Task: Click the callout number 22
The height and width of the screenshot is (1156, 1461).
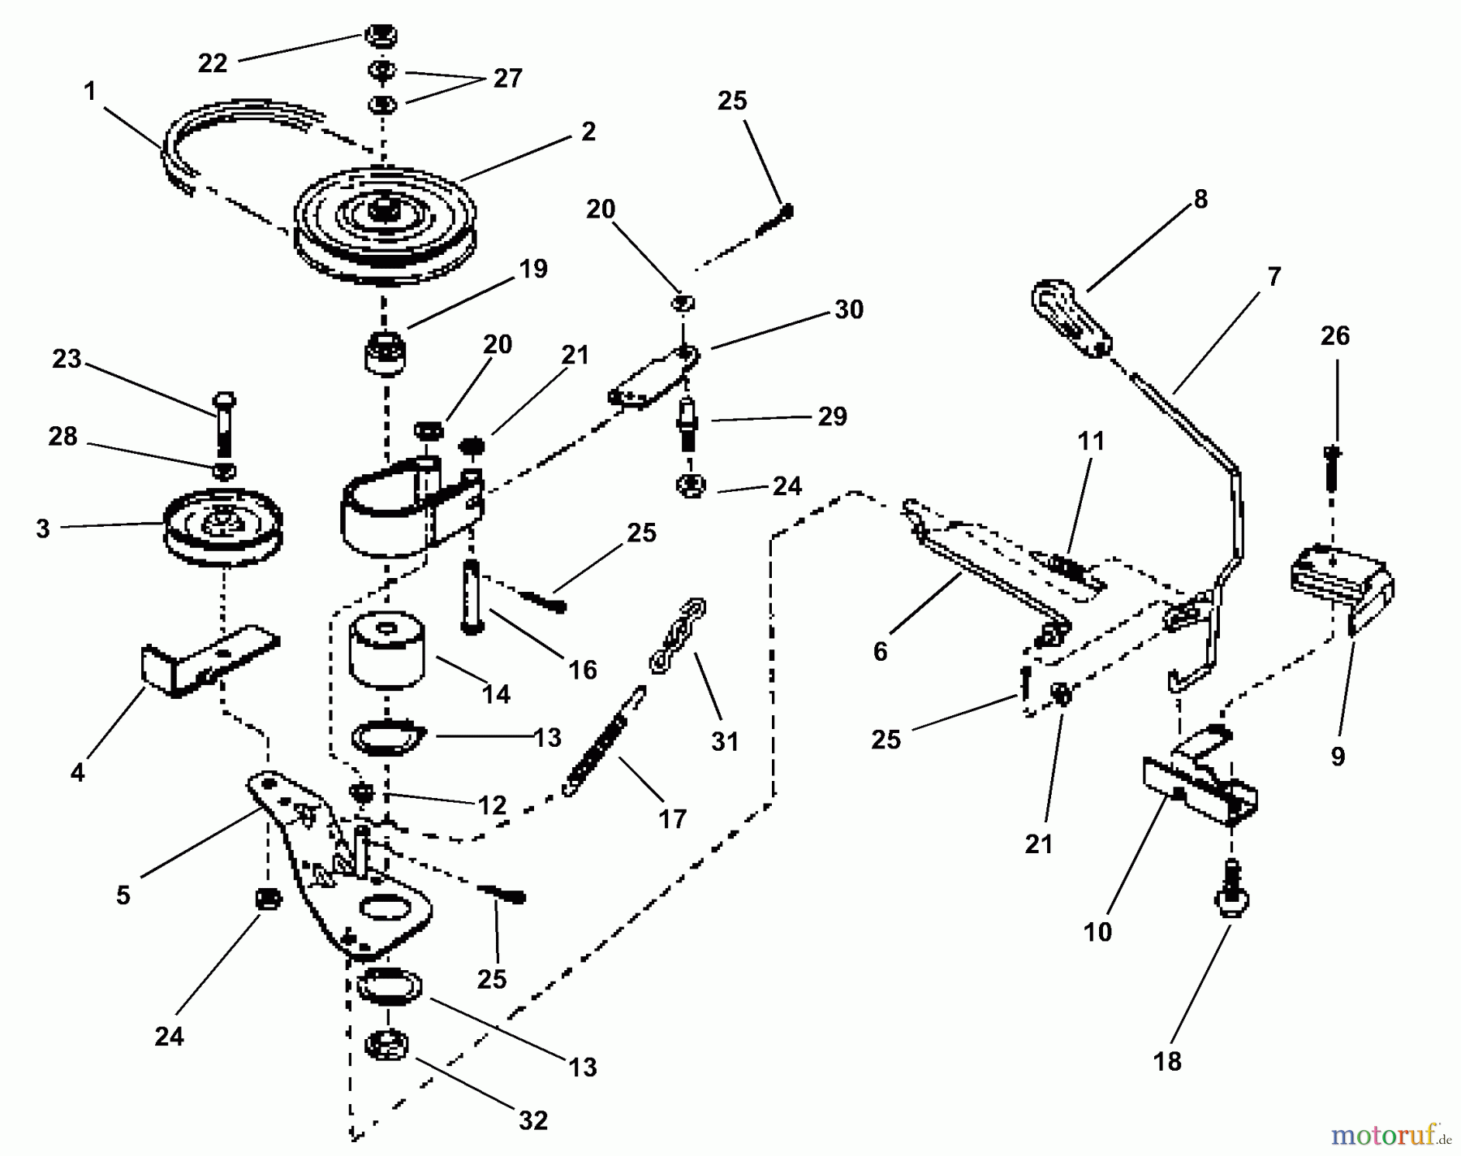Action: (213, 63)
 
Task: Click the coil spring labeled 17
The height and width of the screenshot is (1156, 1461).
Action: (606, 740)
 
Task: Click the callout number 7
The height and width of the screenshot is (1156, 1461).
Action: (1274, 276)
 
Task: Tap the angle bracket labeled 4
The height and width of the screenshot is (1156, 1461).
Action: (210, 659)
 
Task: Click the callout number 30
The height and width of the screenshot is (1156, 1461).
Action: (848, 309)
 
